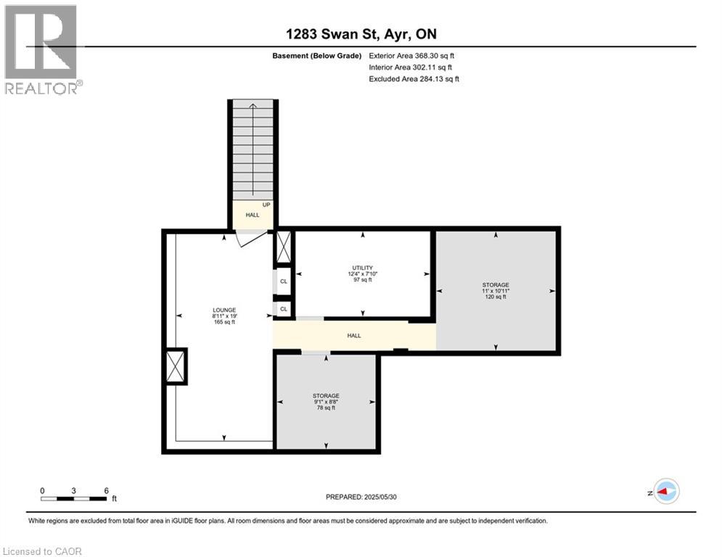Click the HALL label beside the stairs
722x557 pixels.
(252, 215)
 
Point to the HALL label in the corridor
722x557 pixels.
(353, 336)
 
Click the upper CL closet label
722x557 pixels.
(283, 281)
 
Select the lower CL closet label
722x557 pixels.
(283, 309)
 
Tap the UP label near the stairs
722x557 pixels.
(266, 205)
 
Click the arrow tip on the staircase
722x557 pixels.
(253, 107)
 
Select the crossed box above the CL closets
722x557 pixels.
(283, 249)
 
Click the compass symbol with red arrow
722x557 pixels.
(665, 491)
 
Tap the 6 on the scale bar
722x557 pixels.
(107, 490)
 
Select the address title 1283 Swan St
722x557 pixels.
(361, 34)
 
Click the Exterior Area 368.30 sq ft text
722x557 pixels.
(411, 55)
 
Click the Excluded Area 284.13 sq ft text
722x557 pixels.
(414, 79)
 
